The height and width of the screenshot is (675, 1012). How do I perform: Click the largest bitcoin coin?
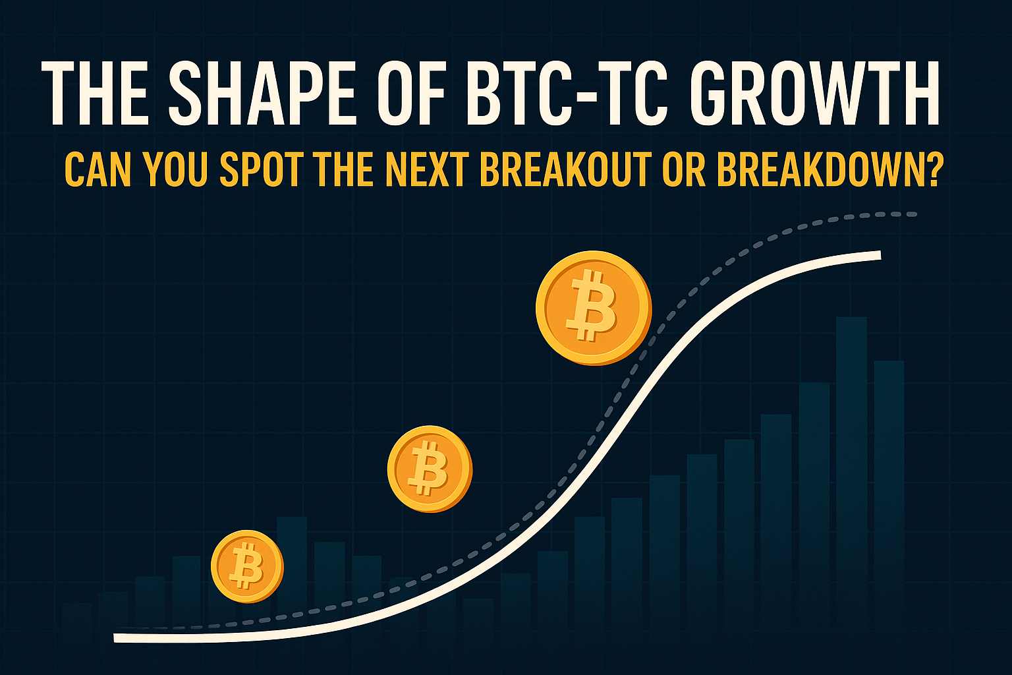(593, 307)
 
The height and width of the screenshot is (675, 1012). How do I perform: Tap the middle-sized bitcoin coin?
(430, 468)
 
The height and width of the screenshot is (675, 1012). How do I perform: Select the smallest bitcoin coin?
(247, 566)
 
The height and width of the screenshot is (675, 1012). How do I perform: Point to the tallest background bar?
(851, 461)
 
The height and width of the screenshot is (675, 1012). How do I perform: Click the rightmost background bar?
(889, 475)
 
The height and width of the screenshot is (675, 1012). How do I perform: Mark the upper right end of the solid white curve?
(878, 255)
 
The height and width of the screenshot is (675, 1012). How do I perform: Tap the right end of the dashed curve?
(914, 214)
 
